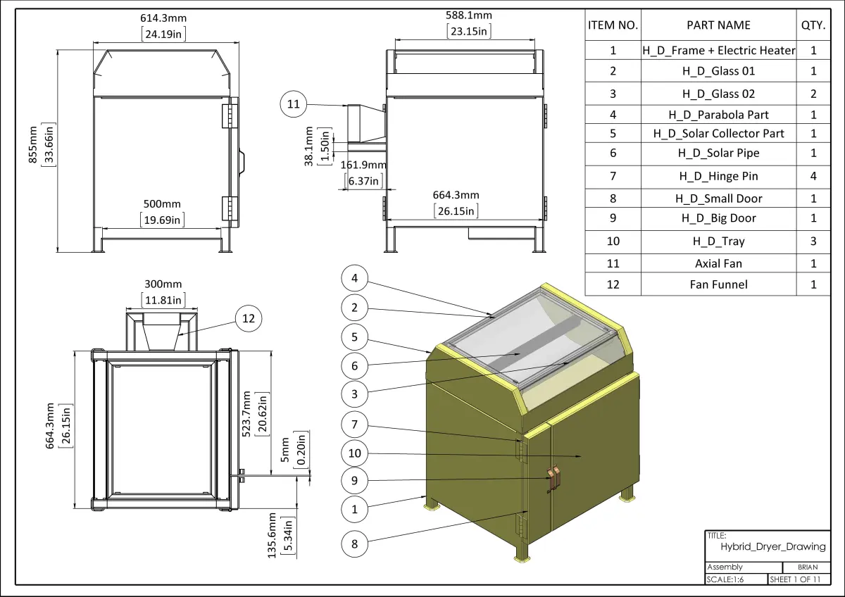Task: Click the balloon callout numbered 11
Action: point(294,105)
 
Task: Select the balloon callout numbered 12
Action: point(249,318)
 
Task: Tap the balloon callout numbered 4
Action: point(355,279)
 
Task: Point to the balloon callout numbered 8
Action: point(355,543)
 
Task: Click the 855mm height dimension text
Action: point(33,144)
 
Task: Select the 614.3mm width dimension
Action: point(163,18)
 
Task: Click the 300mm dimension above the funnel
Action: point(163,284)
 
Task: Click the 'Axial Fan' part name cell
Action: point(718,263)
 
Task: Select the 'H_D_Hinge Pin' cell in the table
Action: point(718,176)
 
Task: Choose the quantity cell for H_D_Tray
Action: point(813,241)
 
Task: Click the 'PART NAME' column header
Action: point(718,25)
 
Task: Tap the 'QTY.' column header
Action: point(813,25)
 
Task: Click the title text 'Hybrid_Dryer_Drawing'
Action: point(772,546)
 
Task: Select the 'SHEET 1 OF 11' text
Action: point(795,579)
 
